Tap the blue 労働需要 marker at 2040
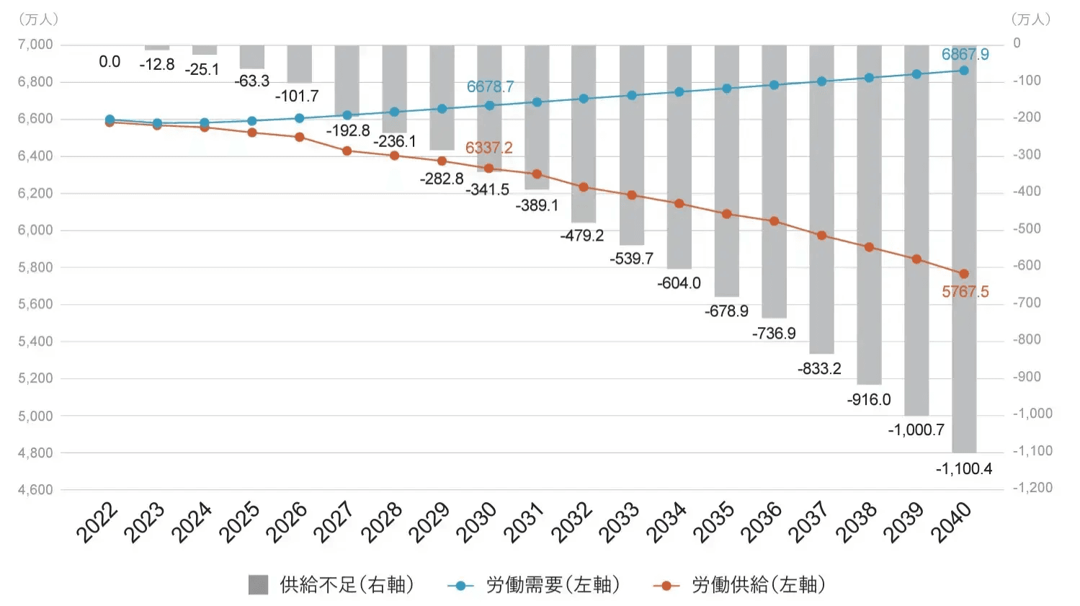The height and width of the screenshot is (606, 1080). pos(964,71)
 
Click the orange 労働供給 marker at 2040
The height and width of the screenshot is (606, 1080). pos(964,274)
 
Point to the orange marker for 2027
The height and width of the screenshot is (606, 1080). pos(347,151)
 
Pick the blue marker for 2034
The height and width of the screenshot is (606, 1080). pos(679,92)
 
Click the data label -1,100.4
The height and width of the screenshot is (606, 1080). pos(963,469)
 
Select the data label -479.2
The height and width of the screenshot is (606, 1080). pos(582,236)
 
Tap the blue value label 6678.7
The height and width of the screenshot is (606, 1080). pos(490,87)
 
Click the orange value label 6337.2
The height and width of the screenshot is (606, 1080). pos(488,148)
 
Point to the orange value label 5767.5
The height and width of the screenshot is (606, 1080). pos(965,292)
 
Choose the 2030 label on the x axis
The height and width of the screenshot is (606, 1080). pos(476,522)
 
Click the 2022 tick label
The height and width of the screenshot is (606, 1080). pos(97,522)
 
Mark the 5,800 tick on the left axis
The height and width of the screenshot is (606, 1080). pos(35,267)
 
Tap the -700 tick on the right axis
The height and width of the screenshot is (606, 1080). pos(1027,303)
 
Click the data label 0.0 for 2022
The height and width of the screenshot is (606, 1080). pos(110,62)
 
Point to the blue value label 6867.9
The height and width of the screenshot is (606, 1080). pos(965,55)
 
